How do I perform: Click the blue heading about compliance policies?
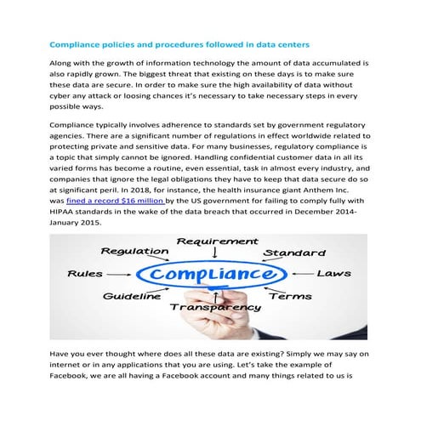pos(179,43)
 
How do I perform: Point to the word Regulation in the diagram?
pos(135,252)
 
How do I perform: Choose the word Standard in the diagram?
pos(293,253)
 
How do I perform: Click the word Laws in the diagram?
pos(333,274)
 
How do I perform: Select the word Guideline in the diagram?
pos(132,297)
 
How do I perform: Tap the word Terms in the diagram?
pos(290,297)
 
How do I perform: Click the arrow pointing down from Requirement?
pos(215,253)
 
